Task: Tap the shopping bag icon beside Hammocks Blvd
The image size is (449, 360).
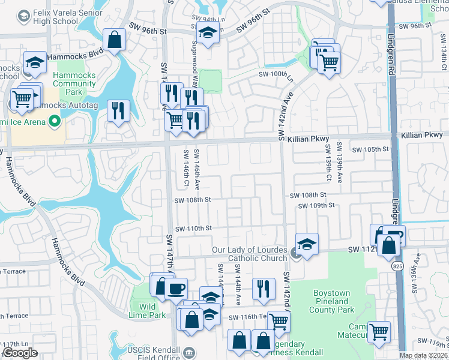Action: (x=113, y=40)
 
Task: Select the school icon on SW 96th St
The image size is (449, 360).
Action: (x=208, y=32)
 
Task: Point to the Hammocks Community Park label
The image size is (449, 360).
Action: (x=74, y=83)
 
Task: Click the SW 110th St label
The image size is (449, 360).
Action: (x=193, y=229)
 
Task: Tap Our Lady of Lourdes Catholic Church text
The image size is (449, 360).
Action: (x=251, y=254)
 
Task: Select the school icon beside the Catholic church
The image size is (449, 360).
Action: (x=307, y=244)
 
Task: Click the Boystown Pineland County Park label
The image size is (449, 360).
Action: (x=332, y=302)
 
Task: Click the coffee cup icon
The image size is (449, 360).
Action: (x=176, y=288)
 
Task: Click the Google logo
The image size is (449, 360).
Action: (x=20, y=353)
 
